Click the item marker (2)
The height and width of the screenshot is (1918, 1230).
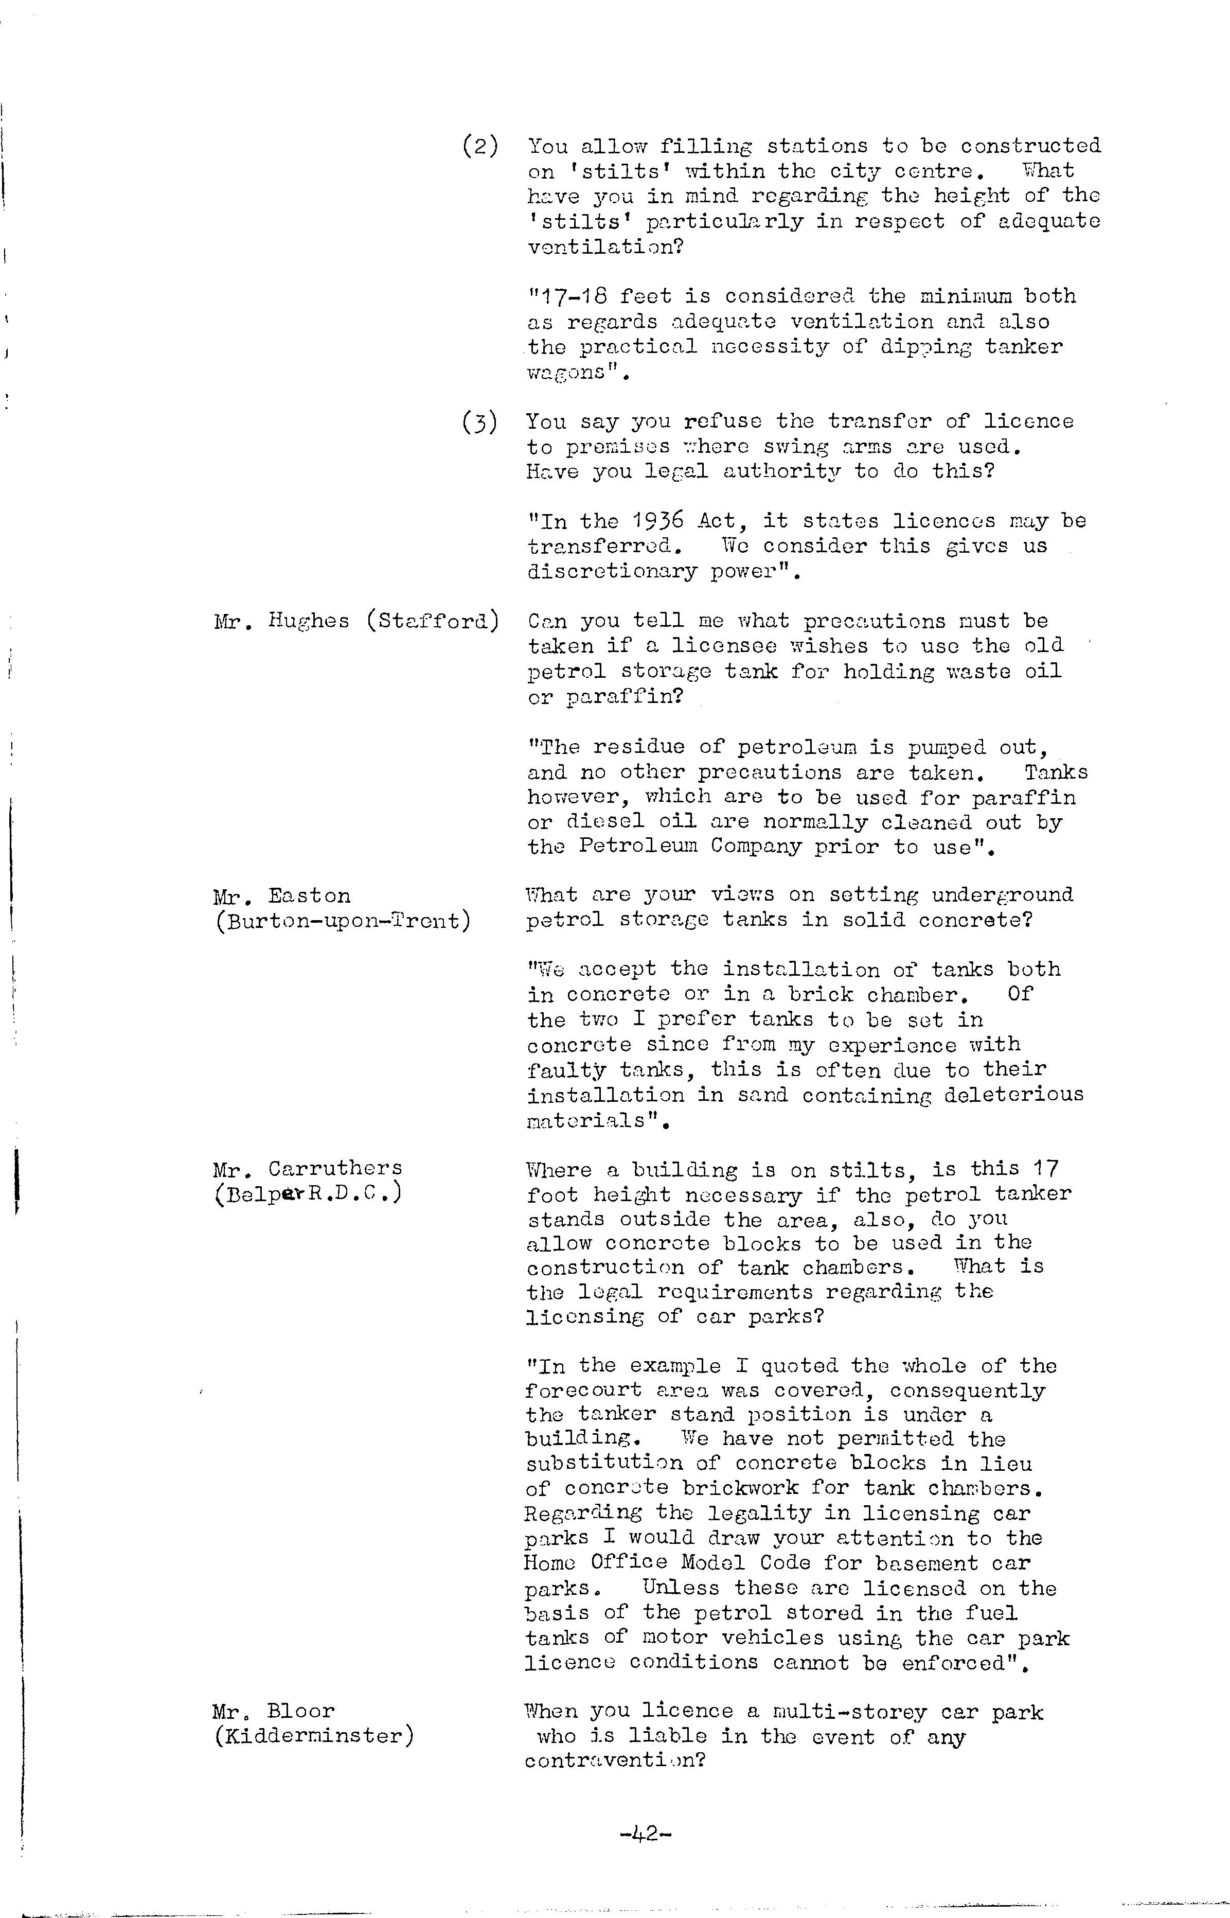click(480, 146)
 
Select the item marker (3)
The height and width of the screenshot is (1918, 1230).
click(480, 422)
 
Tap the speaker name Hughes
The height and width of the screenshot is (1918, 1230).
click(309, 622)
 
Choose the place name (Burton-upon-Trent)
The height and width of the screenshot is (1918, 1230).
click(343, 921)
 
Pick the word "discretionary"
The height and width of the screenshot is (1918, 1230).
click(611, 572)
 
